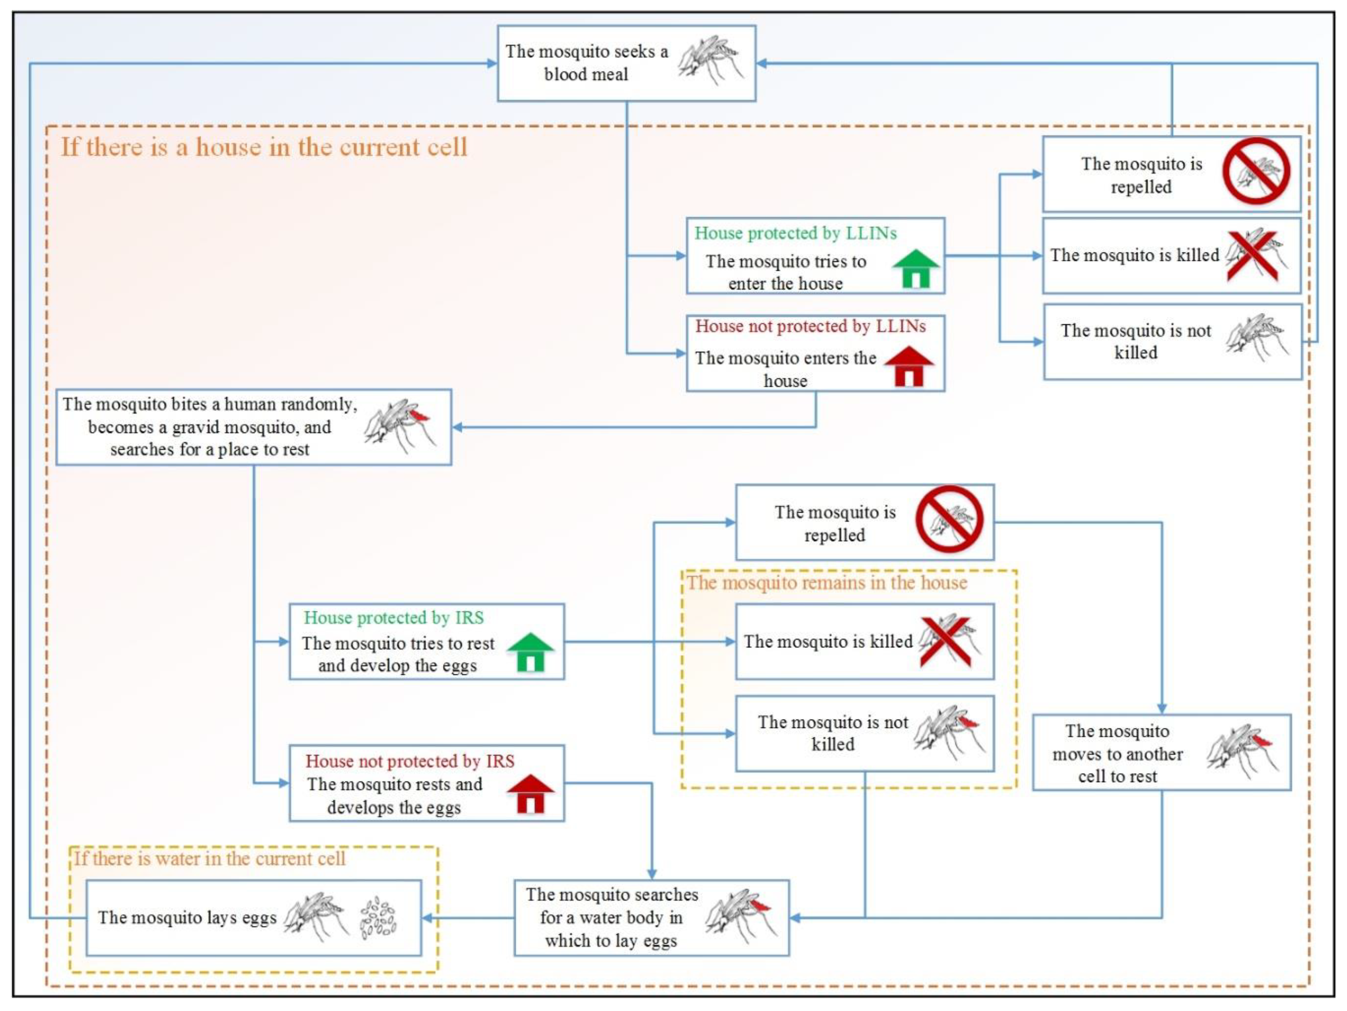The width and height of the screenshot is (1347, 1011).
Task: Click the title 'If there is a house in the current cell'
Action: pyautogui.click(x=264, y=147)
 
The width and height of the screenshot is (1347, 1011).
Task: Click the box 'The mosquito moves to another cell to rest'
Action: pyautogui.click(x=1161, y=753)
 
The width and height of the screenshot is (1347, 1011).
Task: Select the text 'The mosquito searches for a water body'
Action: pyautogui.click(x=611, y=917)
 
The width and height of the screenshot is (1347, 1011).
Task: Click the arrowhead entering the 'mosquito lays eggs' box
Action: pyautogui.click(x=428, y=918)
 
